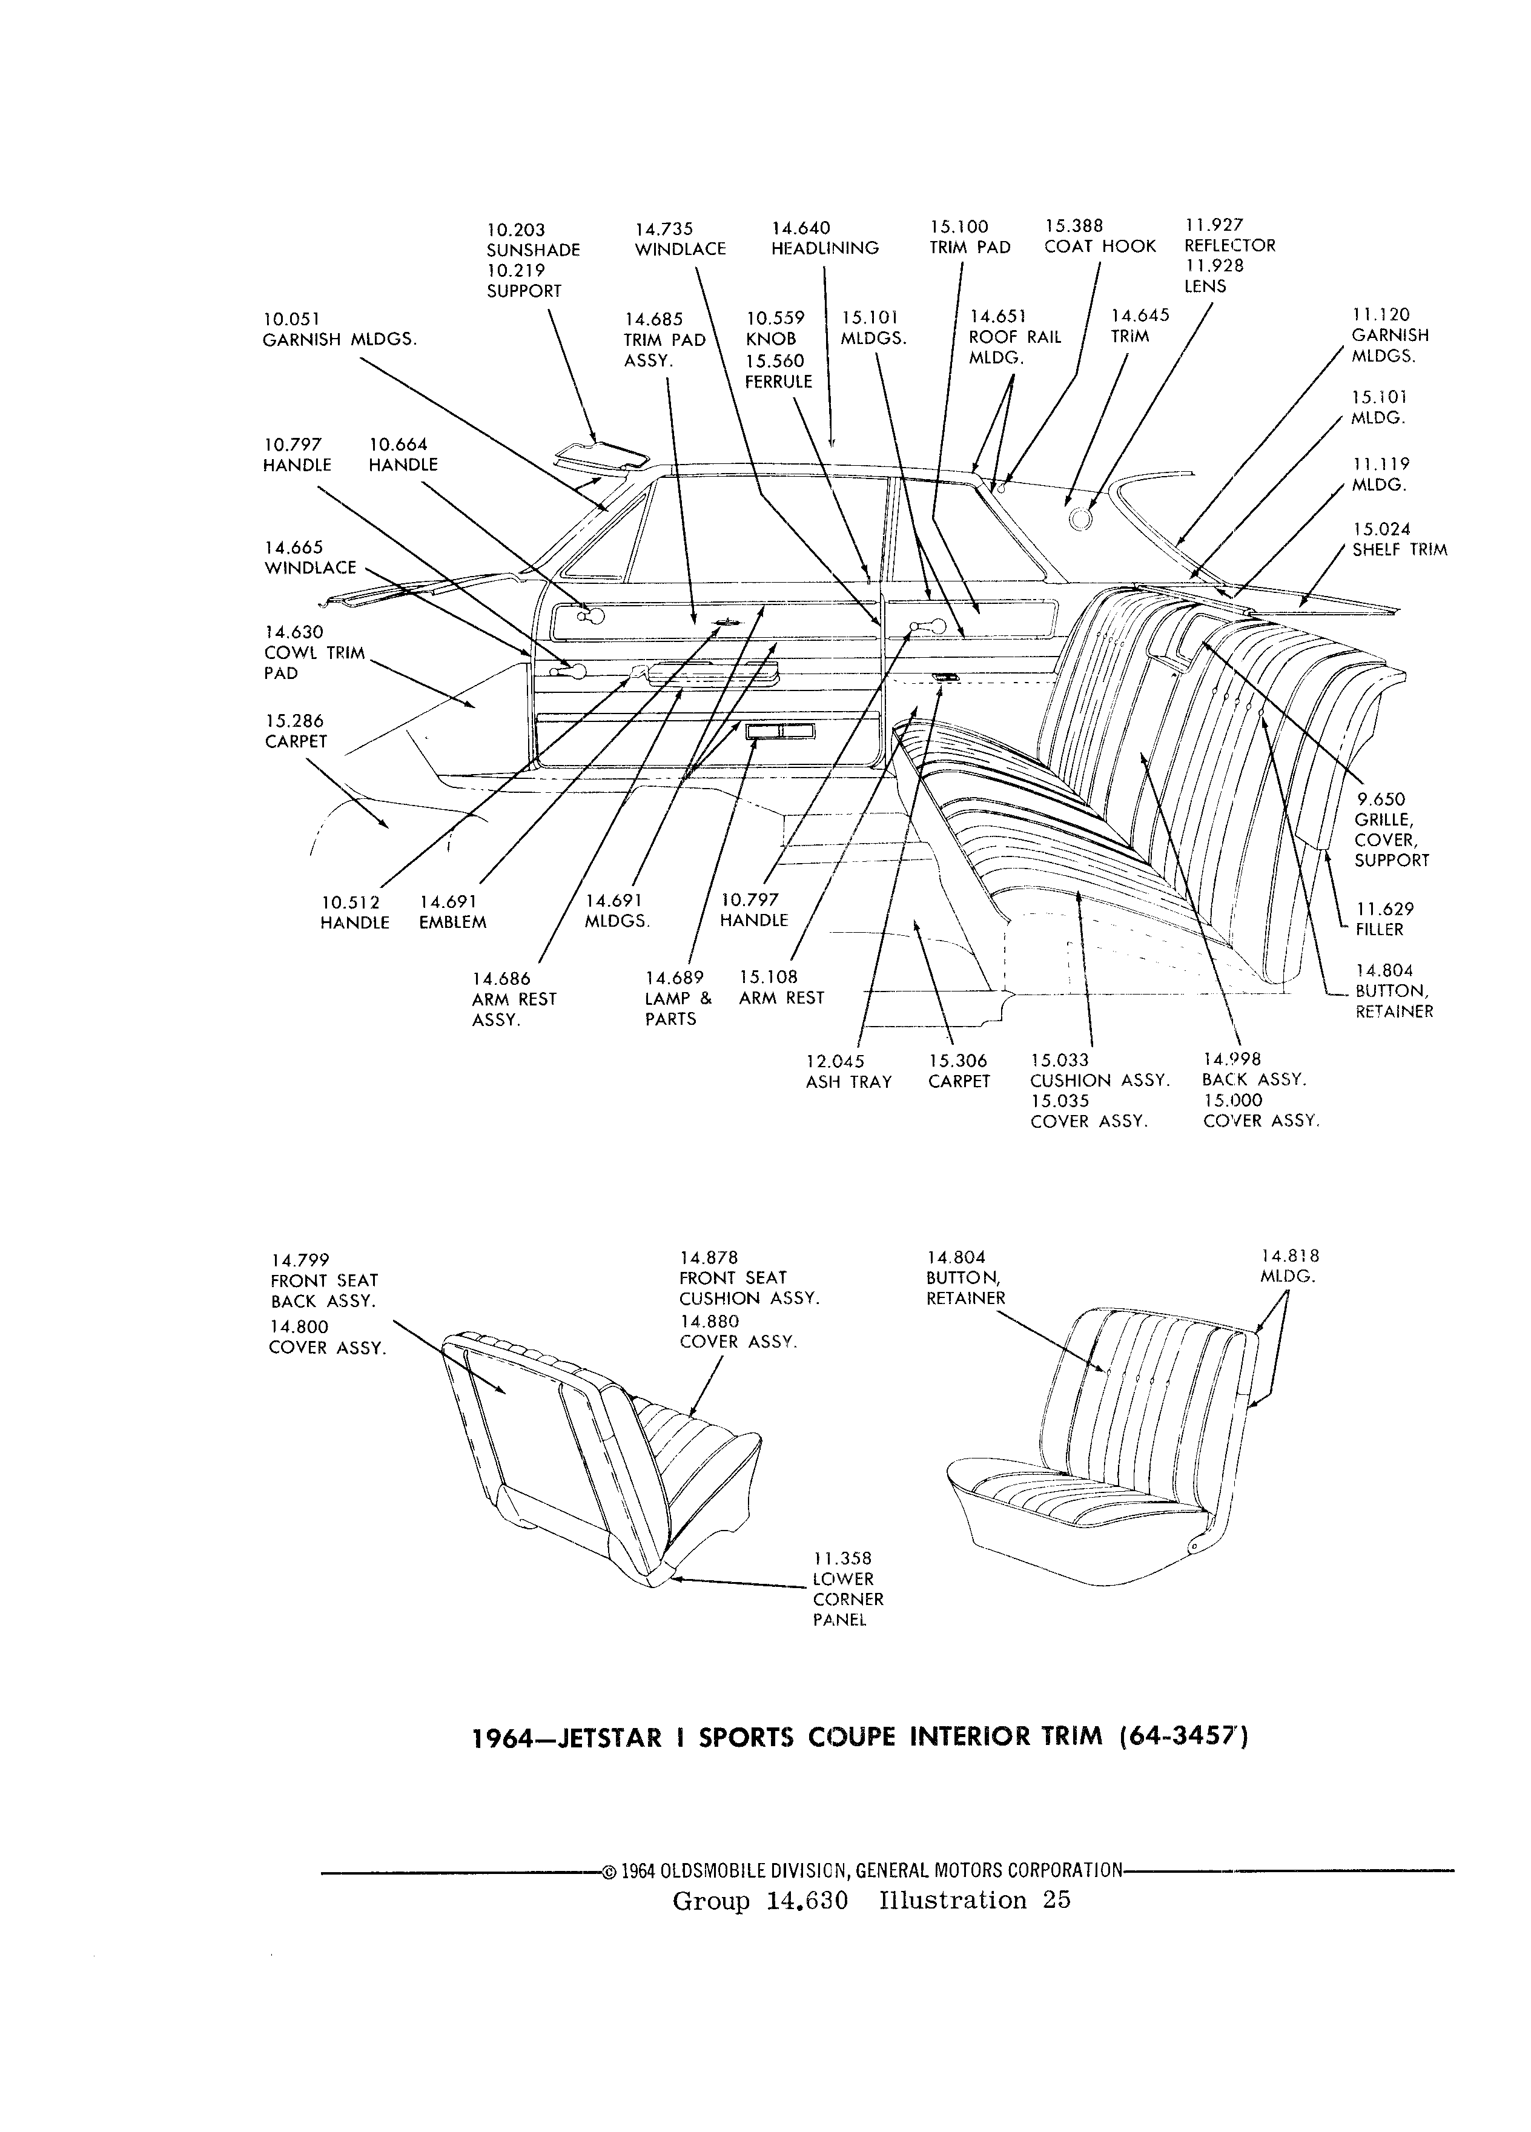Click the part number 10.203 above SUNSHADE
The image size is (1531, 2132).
click(515, 230)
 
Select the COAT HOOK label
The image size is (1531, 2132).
click(1100, 247)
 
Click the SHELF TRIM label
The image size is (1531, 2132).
click(1400, 550)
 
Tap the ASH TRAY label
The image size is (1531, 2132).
click(848, 1082)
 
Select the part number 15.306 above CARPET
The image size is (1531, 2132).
click(957, 1061)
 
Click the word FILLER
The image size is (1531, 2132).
click(1380, 930)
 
